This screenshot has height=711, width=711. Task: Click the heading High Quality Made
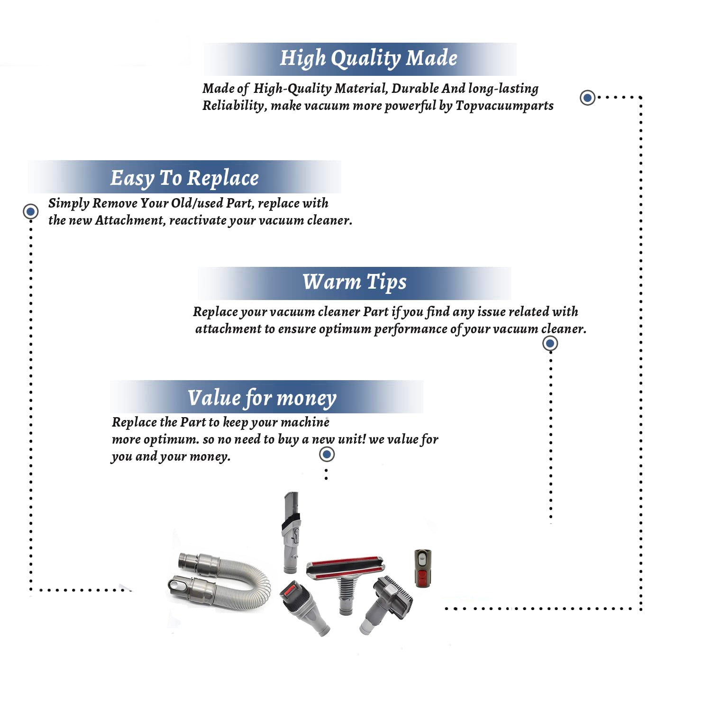[368, 58]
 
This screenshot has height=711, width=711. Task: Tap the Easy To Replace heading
[184, 178]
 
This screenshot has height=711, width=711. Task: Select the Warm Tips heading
[355, 282]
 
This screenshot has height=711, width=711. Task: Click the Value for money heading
[262, 398]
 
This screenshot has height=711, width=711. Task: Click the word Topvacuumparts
[504, 105]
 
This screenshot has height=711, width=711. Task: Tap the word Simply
[69, 203]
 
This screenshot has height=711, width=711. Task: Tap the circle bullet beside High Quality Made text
[588, 98]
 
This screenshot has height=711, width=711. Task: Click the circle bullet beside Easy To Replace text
[31, 211]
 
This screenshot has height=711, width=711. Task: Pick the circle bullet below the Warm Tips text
[550, 343]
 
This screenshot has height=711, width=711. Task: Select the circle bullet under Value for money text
[327, 454]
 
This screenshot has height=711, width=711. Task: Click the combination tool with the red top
[303, 607]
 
